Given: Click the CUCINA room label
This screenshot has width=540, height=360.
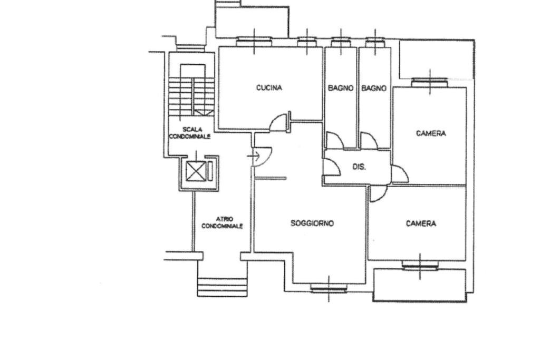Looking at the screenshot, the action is tap(269, 88).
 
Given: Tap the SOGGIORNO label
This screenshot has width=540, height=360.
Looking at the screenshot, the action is tap(312, 223).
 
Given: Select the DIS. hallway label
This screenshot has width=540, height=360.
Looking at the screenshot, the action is tap(359, 167).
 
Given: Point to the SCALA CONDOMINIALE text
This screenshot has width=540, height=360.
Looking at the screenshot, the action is tap(190, 133).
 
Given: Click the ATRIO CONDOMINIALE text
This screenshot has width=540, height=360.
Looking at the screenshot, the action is tap(222, 222).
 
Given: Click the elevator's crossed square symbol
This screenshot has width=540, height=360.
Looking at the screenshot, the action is tap(196, 171).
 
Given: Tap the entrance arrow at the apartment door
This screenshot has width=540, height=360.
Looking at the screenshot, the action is tap(254, 156).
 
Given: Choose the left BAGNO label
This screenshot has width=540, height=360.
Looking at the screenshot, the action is tap(341, 88).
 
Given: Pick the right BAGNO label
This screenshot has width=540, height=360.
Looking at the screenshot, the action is tap(374, 88).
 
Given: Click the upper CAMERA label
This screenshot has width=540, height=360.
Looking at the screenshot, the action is tap(431, 133).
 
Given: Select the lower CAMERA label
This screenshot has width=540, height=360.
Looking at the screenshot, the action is tap(421, 223).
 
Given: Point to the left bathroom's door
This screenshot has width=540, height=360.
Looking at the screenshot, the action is tap(334, 140).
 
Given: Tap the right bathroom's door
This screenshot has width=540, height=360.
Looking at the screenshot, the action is tap(369, 140).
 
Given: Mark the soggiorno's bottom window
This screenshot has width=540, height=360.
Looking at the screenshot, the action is tap(329, 288).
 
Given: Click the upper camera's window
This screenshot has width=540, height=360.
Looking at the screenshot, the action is tap(430, 82).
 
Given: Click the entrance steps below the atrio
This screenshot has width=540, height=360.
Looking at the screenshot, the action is tap(223, 287).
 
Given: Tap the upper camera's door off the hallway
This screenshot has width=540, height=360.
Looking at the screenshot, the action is tap(400, 174).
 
